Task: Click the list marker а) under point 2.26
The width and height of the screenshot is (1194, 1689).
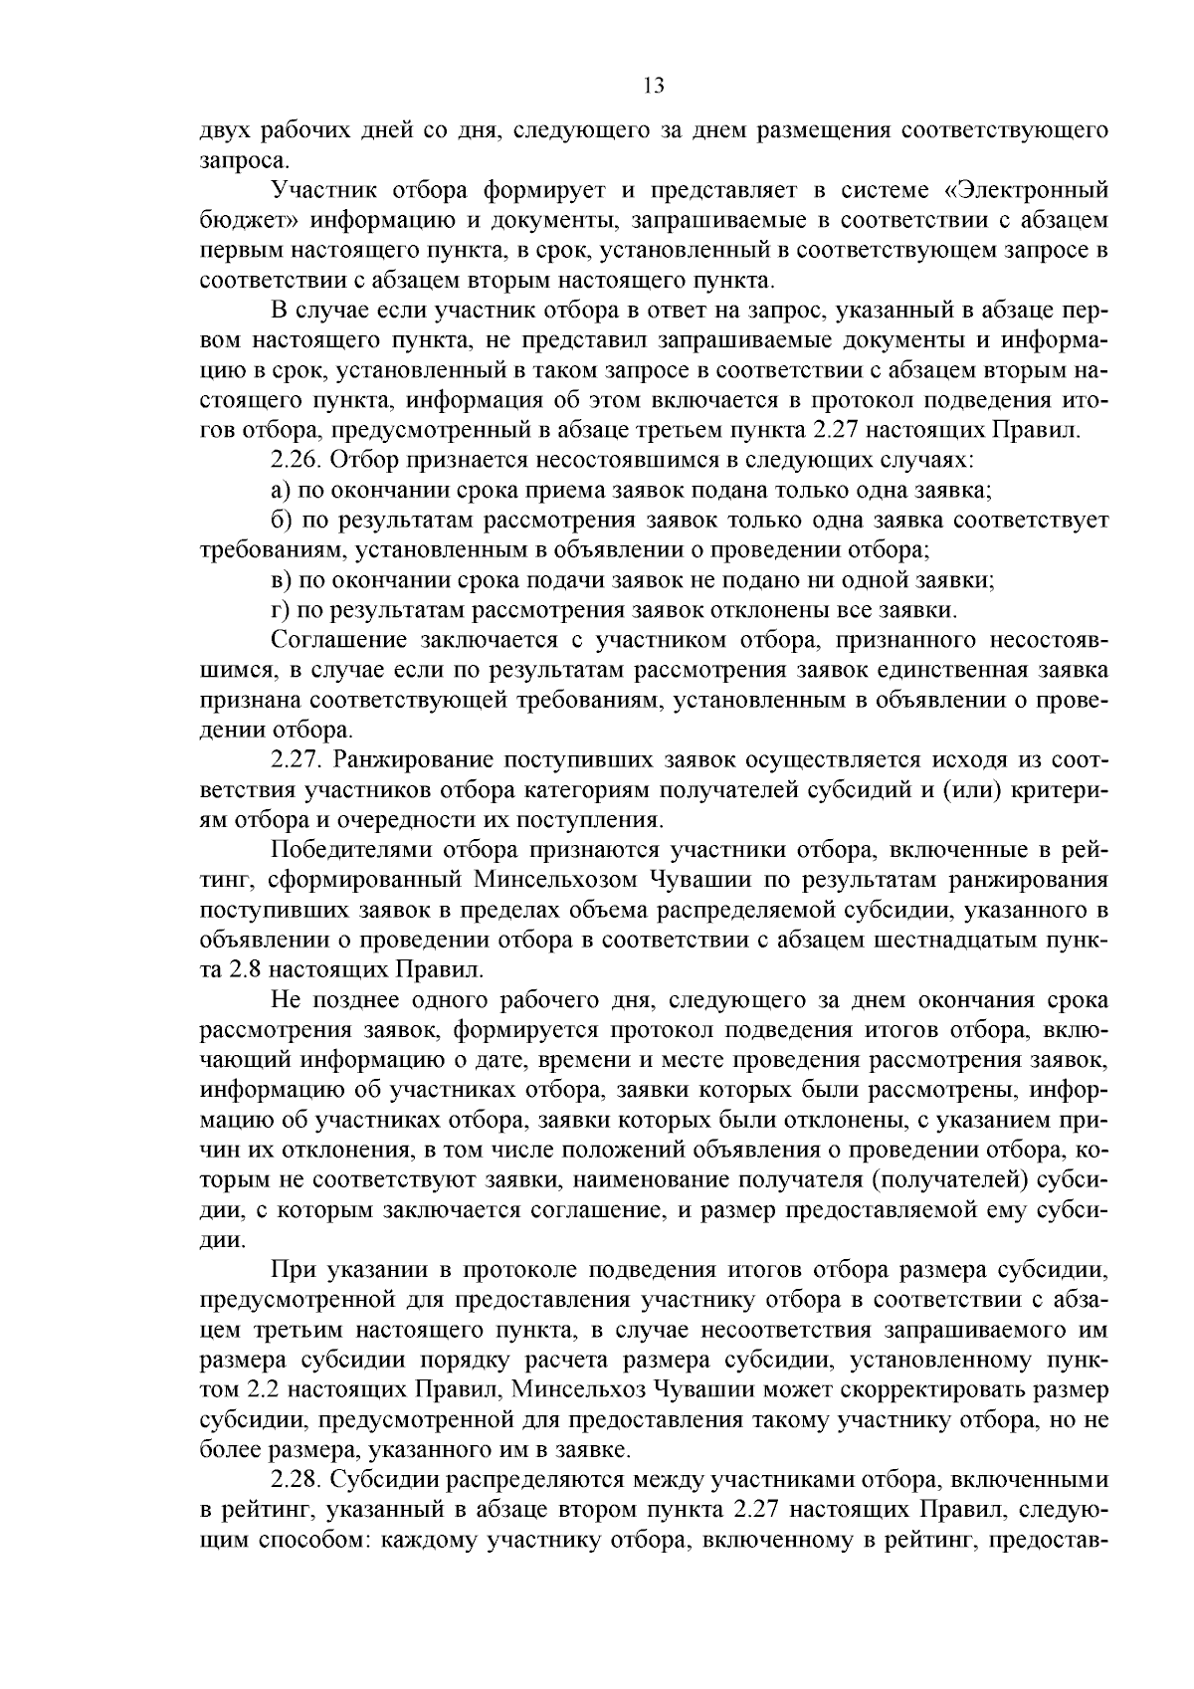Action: (x=280, y=491)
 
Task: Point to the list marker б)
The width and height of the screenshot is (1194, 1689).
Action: (x=280, y=521)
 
